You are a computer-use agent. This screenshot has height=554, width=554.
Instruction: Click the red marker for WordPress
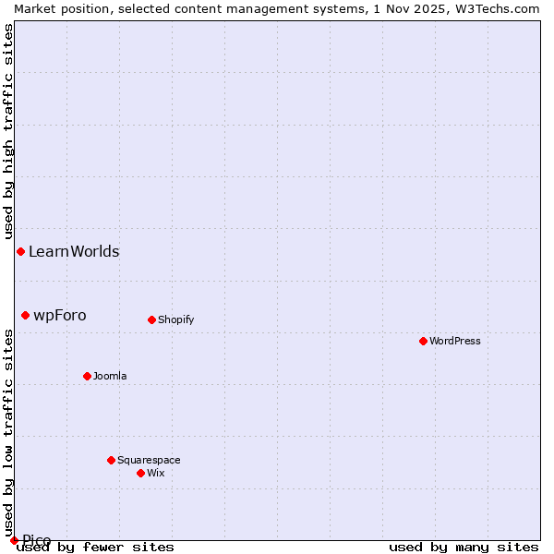coord(423,341)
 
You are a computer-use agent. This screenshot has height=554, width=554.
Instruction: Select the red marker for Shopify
coord(151,319)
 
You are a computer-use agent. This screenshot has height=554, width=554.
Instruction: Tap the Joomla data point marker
coord(87,376)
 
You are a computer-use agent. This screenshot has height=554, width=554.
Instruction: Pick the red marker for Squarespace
coord(111,460)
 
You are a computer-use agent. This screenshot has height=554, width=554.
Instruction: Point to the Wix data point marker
coord(140,473)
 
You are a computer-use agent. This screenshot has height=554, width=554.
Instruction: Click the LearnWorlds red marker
coord(20,251)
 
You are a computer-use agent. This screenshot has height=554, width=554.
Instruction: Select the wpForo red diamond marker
coord(25,315)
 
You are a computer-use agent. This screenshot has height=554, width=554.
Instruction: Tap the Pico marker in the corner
coord(14,540)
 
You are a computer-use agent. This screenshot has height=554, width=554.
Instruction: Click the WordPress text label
coord(455,341)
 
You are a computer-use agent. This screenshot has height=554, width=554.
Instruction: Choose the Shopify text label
coord(175,319)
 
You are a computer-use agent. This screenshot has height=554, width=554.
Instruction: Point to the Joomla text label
coord(110,376)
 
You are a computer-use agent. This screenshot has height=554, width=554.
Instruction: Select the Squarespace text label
coord(149,460)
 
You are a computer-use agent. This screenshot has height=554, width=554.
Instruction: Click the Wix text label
coord(155,473)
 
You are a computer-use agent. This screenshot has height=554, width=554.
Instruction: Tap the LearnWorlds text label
coord(74,251)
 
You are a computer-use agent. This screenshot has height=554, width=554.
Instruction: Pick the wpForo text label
coord(60,315)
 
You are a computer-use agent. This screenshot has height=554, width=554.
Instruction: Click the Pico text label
coord(37,540)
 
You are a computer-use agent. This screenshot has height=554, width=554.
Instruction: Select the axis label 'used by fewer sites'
coord(95,547)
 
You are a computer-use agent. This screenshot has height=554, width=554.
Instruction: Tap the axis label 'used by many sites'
coord(464,547)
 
